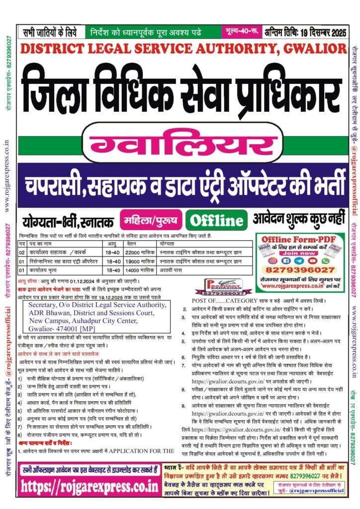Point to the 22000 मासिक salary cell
point(136,253)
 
